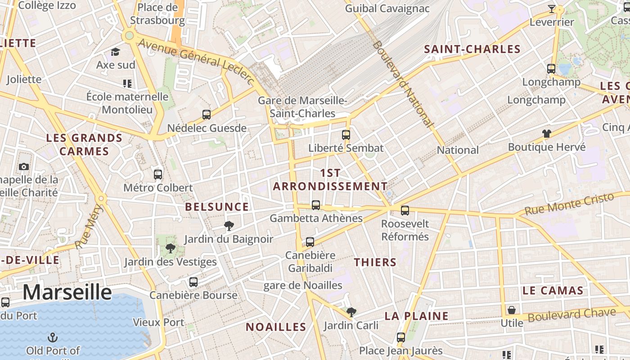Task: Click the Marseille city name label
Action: tap(67, 292)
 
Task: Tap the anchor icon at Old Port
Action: tap(53, 337)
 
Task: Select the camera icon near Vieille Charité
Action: tap(24, 167)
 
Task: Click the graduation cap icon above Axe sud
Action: tap(116, 52)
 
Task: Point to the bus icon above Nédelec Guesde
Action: tap(207, 115)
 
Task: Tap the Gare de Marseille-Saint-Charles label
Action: tap(302, 107)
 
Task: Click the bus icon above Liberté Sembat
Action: tap(346, 135)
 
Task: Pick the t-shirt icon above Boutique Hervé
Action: tap(546, 134)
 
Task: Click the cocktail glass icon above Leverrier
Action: tap(551, 9)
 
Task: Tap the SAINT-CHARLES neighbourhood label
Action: tap(472, 49)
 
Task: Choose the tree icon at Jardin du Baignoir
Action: tap(229, 225)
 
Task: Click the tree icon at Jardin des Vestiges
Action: tap(170, 248)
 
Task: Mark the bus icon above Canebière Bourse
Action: tap(193, 282)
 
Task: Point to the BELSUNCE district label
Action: tap(217, 207)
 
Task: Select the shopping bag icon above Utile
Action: tap(512, 310)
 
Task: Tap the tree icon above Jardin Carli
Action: tap(351, 312)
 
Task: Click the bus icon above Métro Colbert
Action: tap(157, 174)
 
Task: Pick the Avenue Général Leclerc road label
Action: tap(196, 61)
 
